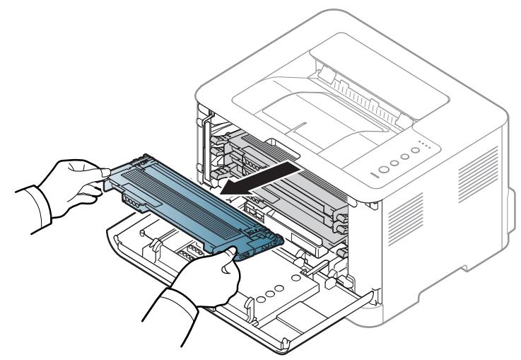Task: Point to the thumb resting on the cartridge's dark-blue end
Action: tap(228, 263)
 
